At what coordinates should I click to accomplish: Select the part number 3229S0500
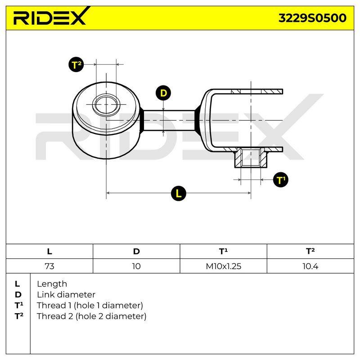pos(312,18)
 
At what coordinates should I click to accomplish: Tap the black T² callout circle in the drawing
pos(76,64)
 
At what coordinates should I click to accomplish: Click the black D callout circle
pos(163,93)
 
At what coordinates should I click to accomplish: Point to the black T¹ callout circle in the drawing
pos(280,180)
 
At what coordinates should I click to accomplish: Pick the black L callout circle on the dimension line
pos(178,193)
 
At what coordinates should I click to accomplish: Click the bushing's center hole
pos(106,105)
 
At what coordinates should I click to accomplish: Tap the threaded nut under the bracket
pos(251,158)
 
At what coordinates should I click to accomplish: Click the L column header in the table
pos(49,252)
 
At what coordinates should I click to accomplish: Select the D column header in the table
pos(136,252)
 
